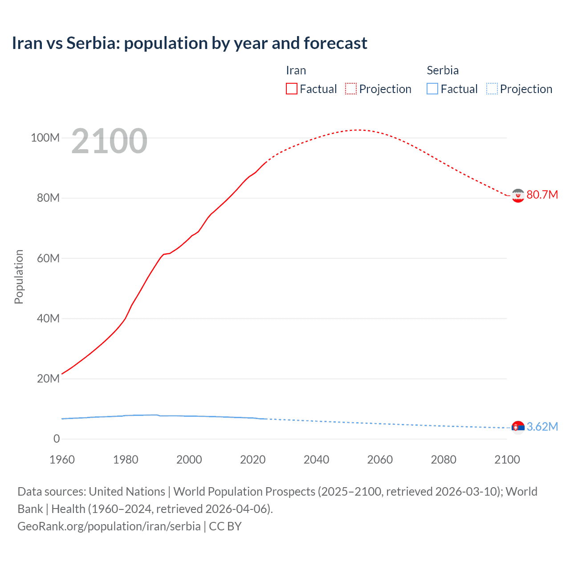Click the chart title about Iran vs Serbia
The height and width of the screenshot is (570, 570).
coord(189,43)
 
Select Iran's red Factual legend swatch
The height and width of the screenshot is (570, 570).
coord(291,89)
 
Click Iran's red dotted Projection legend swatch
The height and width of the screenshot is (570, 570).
coord(351,89)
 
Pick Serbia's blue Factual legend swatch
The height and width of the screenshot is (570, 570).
coord(432,89)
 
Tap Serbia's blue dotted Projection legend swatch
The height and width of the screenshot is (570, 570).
coord(492,89)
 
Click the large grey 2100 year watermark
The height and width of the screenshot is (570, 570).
coord(109,141)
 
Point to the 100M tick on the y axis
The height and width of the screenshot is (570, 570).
coord(45,138)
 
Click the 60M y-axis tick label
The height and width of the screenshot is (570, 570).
coord(48,258)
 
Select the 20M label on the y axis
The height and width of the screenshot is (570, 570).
coord(48,379)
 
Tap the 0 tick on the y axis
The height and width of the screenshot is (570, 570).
coord(56,439)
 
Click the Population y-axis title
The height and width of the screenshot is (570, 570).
coord(19,277)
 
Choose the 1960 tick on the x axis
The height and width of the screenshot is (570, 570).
coord(62,460)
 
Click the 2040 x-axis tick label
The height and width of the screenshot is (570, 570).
coord(316,460)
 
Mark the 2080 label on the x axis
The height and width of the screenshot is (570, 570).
coord(444,460)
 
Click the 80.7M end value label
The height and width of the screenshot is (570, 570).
coord(542,195)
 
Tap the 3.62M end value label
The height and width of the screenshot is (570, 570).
coord(542,427)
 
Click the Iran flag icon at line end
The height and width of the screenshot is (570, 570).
coord(517,195)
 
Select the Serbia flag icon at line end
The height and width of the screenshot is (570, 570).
coord(517,427)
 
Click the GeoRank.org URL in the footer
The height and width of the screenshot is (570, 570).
coord(109,526)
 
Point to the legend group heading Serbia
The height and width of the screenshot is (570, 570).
coord(442,70)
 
